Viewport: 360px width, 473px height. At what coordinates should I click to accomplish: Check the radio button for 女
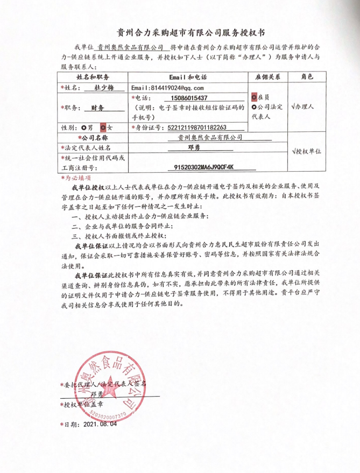[103, 128]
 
